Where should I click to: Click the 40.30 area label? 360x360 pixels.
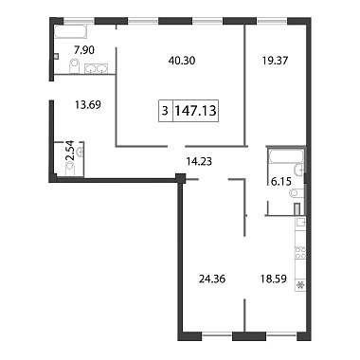point(182,61)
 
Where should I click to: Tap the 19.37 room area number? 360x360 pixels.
point(275,60)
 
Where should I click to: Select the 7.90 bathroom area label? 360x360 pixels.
point(84,50)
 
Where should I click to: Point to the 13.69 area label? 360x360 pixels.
point(88,104)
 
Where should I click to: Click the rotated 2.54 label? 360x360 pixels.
point(71,150)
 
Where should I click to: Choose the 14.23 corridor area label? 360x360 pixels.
point(199,162)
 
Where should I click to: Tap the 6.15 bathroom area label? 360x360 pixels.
point(281,182)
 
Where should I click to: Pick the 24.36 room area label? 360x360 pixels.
point(212,279)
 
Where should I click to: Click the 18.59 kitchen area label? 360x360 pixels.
point(273,279)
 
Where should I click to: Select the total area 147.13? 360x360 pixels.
point(195,111)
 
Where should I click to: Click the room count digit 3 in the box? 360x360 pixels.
point(165,111)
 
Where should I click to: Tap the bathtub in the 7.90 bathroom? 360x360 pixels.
point(70,32)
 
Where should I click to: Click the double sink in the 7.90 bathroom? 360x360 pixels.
point(97,68)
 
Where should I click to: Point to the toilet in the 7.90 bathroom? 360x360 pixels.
point(74,66)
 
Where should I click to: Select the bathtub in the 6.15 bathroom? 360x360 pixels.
point(286,156)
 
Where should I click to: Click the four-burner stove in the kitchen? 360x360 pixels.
point(300,253)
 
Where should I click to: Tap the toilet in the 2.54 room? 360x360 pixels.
point(70,169)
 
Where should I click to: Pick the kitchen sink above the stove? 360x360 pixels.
point(300,223)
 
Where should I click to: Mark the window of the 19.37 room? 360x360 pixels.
point(272,21)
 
